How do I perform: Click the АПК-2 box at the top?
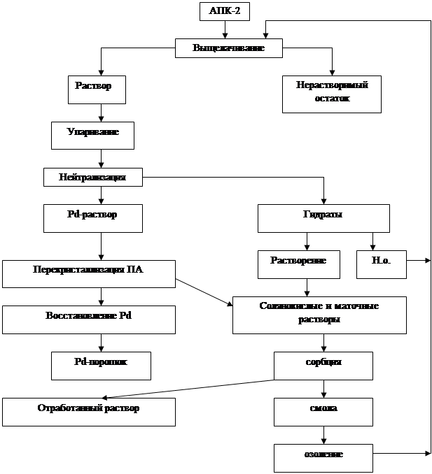tap(224, 11)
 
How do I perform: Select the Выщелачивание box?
tap(228, 49)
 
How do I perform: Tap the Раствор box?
tap(100, 89)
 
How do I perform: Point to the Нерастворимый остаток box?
tap(331, 94)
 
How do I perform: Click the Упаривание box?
tap(92, 135)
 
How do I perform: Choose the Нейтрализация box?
tap(92, 178)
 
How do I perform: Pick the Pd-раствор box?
tap(92, 218)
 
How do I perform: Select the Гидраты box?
tap(323, 218)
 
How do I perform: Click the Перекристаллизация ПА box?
tap(88, 273)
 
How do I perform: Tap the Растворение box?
tap(299, 264)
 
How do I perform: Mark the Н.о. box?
tap(382, 264)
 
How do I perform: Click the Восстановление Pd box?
tap(88, 319)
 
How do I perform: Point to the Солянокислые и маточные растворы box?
tap(319, 315)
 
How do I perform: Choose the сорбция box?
tap(323, 366)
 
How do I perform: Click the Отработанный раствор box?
tap(88, 412)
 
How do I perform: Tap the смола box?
tap(323, 412)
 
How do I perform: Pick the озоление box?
tap(323, 458)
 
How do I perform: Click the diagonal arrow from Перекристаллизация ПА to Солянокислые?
tap(204, 292)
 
